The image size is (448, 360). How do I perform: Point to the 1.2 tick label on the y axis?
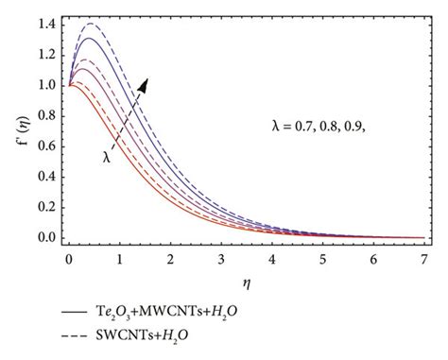(x=45, y=54)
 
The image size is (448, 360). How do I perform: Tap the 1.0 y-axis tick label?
(x=45, y=85)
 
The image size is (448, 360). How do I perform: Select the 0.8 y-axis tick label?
(x=45, y=115)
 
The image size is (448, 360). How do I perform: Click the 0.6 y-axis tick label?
(x=45, y=146)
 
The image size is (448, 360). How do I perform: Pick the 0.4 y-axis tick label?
(x=45, y=177)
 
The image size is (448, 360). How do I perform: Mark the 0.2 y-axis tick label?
(x=45, y=208)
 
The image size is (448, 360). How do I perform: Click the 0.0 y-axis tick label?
(x=45, y=238)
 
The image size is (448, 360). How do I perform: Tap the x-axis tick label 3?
(x=221, y=256)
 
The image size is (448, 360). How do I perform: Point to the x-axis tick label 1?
(x=120, y=256)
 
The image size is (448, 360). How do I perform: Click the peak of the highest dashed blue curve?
(x=91, y=23)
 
